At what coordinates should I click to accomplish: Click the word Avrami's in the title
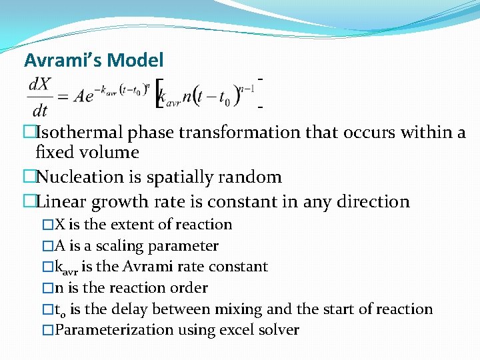[63, 61]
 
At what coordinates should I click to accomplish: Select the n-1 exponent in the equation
[246, 86]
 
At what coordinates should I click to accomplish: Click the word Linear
[61, 201]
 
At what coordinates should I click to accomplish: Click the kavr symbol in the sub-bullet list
[66, 267]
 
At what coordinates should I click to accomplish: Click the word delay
[128, 309]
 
